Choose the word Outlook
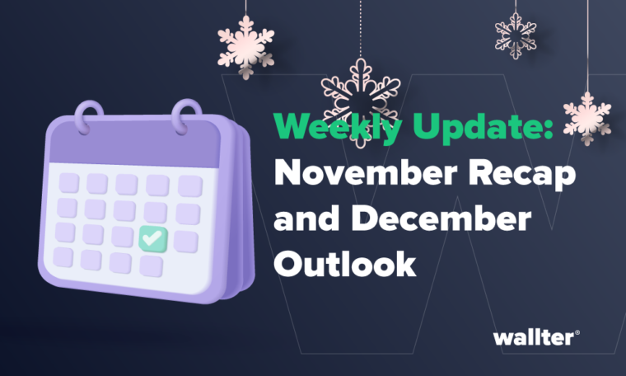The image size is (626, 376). point(344,264)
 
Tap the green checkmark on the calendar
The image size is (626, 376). point(152,239)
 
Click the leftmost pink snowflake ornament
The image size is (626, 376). point(246,41)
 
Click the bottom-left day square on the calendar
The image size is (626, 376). point(63,256)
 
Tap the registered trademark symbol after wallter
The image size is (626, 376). point(577,332)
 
